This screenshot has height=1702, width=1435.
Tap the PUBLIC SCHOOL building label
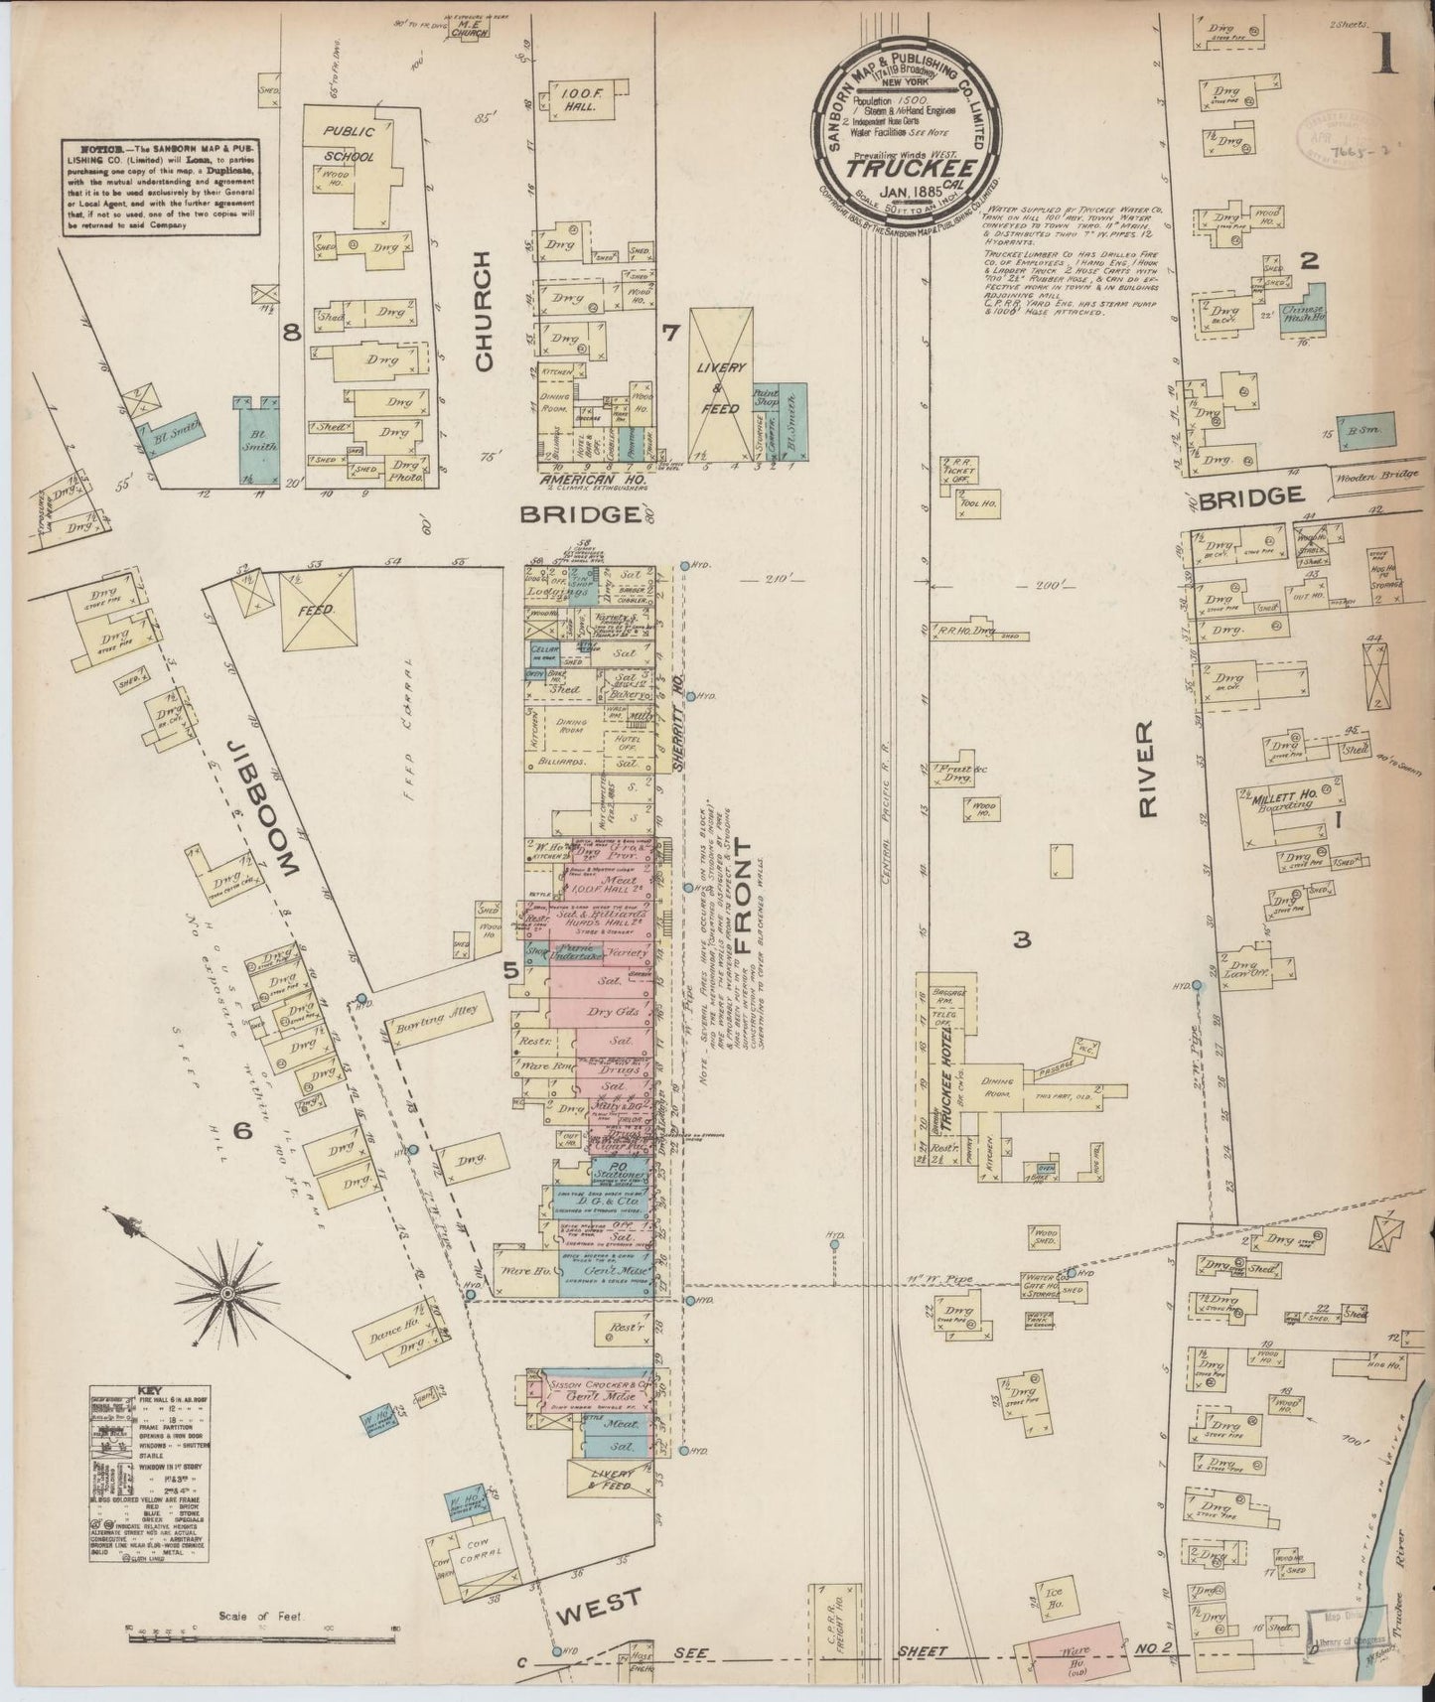pyautogui.click(x=349, y=142)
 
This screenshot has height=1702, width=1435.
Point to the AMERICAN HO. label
pyautogui.click(x=587, y=481)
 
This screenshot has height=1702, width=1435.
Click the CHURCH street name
pyautogui.click(x=484, y=311)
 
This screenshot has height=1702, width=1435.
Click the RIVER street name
pyautogui.click(x=1149, y=769)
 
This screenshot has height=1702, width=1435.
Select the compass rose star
pyautogui.click(x=227, y=1294)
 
